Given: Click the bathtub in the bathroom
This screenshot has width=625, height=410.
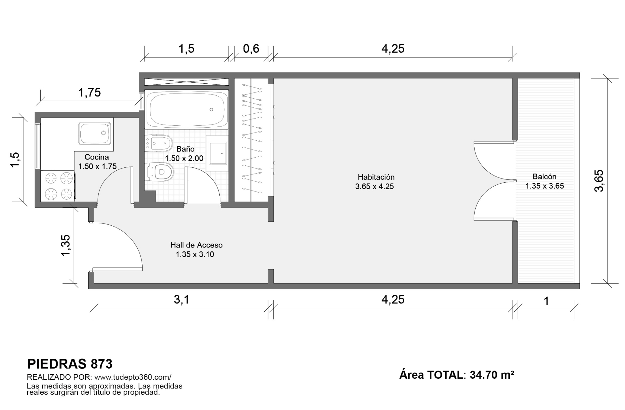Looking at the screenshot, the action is [187, 109].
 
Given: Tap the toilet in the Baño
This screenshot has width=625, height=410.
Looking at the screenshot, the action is [160, 172].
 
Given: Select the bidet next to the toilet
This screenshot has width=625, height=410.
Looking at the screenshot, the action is [158, 143].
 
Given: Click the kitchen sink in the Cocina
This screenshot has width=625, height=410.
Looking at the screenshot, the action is [95, 134].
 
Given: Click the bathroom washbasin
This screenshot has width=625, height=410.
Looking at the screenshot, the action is [218, 153].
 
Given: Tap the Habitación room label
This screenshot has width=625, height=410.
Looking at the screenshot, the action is [376, 177].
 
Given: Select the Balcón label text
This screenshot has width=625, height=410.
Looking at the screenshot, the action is [544, 177].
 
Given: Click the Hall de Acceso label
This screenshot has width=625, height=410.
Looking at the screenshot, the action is [196, 245].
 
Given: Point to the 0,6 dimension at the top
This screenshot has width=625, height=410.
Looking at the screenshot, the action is [251, 49].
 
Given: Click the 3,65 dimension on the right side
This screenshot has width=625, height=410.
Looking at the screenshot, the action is [599, 181].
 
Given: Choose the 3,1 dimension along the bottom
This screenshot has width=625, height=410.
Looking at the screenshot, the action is [181, 299].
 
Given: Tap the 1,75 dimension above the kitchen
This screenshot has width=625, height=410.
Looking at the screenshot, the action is [90, 92].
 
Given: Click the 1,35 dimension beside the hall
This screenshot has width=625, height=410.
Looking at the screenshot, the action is [66, 245].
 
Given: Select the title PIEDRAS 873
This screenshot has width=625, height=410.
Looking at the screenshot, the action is [70, 364].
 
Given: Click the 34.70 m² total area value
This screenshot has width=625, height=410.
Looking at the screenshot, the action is [492, 375].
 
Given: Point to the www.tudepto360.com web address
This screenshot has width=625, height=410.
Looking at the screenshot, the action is [132, 377].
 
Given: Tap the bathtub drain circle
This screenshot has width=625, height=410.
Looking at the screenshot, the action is [211, 109].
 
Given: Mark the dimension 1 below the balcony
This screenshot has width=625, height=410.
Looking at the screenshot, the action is [547, 301].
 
